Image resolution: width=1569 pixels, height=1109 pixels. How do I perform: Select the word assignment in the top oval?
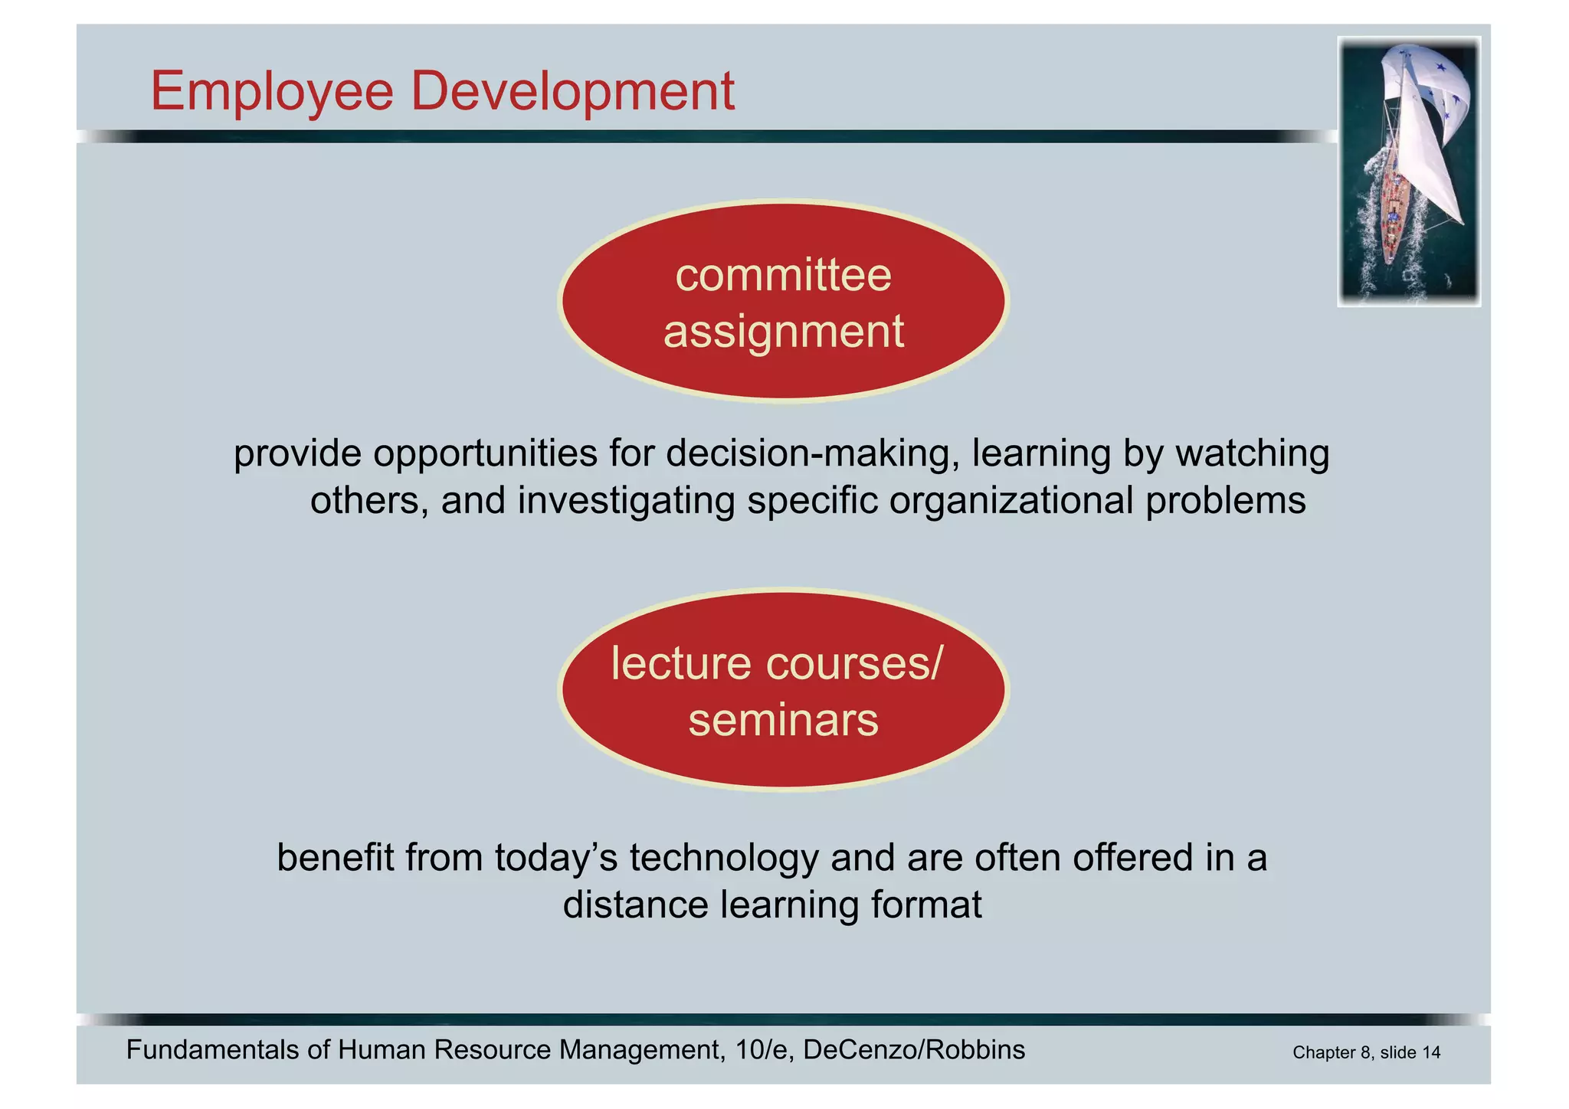click(x=783, y=332)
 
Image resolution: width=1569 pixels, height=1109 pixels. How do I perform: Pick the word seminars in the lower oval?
click(x=783, y=721)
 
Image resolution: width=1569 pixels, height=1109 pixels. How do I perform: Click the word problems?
click(x=1226, y=501)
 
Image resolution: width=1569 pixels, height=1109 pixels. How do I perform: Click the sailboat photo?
click(x=1408, y=172)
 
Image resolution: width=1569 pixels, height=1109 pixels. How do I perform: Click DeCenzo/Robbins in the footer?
click(x=914, y=1050)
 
